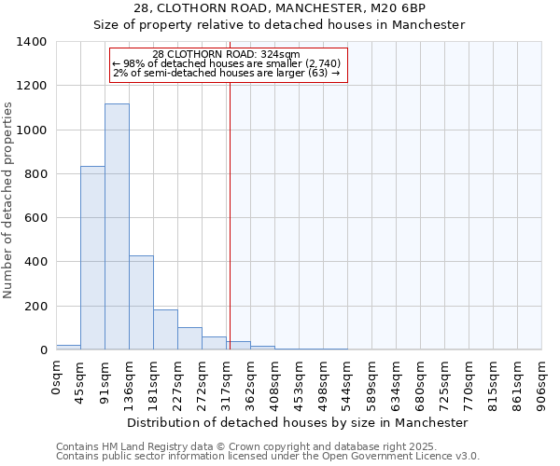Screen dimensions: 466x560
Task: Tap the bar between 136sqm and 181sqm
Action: click(x=141, y=303)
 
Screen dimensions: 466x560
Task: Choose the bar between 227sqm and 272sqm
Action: click(x=189, y=338)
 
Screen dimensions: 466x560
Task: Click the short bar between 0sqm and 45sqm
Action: click(x=68, y=347)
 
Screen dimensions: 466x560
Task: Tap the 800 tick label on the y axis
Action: click(x=35, y=174)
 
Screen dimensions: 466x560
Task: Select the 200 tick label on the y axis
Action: click(x=35, y=307)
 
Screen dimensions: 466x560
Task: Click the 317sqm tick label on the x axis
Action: click(x=227, y=380)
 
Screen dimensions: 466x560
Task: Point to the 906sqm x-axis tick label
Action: click(x=542, y=380)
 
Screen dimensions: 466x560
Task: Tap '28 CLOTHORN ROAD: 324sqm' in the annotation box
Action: click(x=226, y=54)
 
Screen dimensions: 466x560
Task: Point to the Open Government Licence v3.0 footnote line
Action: click(x=268, y=456)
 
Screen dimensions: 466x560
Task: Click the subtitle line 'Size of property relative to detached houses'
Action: click(x=279, y=25)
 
